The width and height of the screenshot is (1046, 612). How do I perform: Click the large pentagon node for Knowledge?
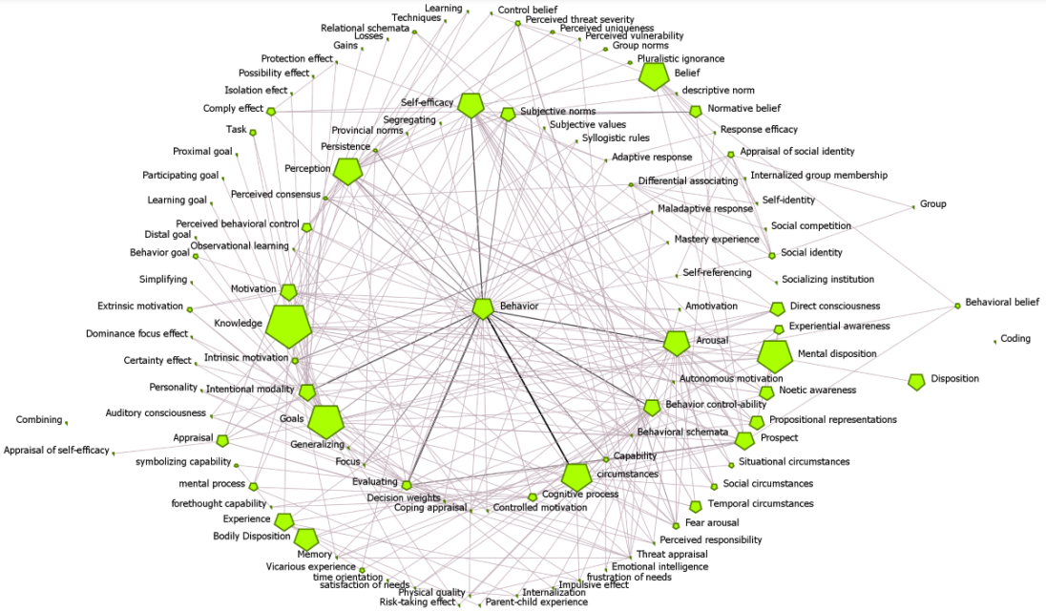coord(288,327)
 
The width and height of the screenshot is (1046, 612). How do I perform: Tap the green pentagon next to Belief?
coord(654,76)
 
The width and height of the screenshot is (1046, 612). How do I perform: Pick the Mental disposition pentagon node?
coord(775,357)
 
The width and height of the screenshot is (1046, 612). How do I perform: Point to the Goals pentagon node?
coord(325,421)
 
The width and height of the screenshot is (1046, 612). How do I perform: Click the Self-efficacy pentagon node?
coord(471,105)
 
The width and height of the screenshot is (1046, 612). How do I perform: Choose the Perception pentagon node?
coord(348,172)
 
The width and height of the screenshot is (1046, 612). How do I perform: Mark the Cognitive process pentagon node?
coord(576,477)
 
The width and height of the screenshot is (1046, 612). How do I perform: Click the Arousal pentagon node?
coord(677,344)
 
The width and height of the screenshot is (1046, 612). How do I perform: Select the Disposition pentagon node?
coord(916,382)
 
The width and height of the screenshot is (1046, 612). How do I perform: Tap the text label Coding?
coord(1015,339)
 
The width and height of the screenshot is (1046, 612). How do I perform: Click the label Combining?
coord(39,420)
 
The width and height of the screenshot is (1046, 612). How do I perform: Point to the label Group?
coord(932,204)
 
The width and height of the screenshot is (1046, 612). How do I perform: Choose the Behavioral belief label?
coord(1001,303)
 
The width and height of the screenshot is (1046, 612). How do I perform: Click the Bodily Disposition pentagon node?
coord(305,539)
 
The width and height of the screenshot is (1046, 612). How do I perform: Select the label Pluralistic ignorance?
coord(680,59)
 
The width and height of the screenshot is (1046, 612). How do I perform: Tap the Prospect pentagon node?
coord(744,440)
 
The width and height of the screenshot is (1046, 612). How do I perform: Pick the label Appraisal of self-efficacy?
coord(56,451)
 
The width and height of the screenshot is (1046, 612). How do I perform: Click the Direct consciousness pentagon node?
coord(778,308)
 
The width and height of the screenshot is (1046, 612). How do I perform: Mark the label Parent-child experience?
coord(536,602)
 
